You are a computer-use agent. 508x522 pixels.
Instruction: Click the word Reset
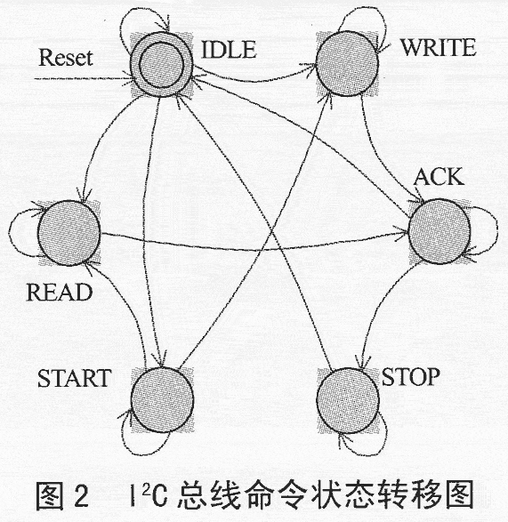pos(66,58)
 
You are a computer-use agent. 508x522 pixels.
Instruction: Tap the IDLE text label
pos(230,50)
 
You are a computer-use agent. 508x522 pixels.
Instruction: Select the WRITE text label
pos(438,48)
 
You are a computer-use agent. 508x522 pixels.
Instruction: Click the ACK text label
pos(439,177)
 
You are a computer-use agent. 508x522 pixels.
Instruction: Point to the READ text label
pos(60,293)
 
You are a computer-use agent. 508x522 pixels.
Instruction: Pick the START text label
pos(74,378)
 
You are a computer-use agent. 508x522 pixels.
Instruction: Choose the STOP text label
pos(410,377)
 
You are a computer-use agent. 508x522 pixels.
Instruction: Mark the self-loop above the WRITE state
pos(363,7)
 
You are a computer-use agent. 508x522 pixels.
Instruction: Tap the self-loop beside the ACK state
pos(497,229)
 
